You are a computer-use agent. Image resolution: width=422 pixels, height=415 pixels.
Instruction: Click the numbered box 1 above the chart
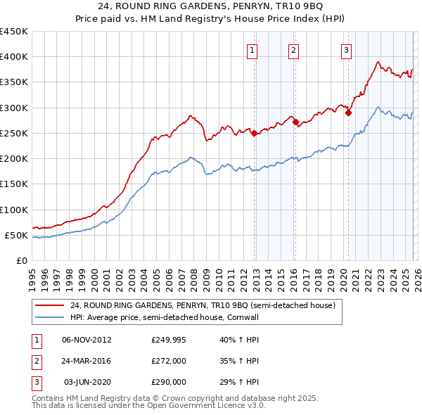pyautogui.click(x=252, y=49)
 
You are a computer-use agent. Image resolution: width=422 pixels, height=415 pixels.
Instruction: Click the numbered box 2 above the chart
pyautogui.click(x=293, y=49)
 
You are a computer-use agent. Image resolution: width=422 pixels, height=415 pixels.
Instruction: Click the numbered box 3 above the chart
pyautogui.click(x=347, y=49)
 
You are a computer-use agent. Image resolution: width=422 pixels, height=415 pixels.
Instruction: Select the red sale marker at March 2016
pyautogui.click(x=295, y=122)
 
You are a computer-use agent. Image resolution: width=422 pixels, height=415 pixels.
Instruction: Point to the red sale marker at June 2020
pyautogui.click(x=348, y=113)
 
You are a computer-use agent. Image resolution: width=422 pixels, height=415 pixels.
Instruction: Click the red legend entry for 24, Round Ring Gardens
pyautogui.click(x=203, y=306)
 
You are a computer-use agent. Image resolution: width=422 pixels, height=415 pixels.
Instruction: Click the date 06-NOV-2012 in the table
pyautogui.click(x=87, y=340)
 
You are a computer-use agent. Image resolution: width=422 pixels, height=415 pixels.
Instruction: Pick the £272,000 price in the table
pyautogui.click(x=169, y=361)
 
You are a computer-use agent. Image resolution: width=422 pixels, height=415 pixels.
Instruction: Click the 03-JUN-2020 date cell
pyautogui.click(x=87, y=382)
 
